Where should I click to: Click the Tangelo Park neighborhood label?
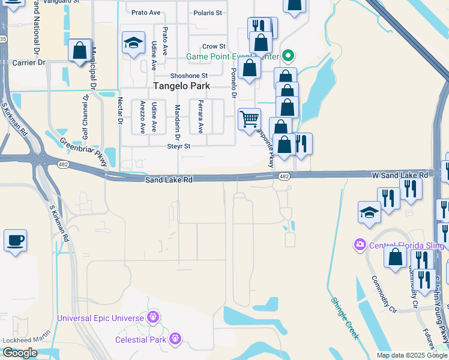(x=182, y=86)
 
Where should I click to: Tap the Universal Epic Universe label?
(x=100, y=317)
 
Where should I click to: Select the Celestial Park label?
(x=142, y=340)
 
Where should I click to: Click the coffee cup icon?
(x=16, y=240)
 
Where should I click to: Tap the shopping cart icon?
(x=249, y=118)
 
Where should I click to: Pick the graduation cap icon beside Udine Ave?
(x=133, y=43)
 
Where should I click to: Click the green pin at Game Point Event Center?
(x=288, y=56)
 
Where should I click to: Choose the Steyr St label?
(x=178, y=146)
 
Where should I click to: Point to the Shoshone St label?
(x=188, y=76)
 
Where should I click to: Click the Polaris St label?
(x=207, y=12)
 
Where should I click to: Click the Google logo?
(x=20, y=353)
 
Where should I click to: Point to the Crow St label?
(x=214, y=46)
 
